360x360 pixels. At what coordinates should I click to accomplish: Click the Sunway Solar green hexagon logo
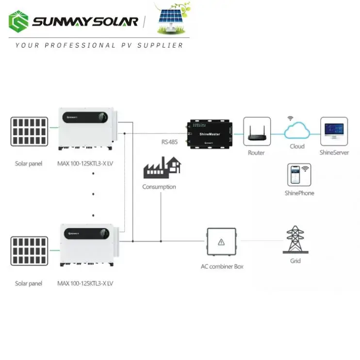(19, 22)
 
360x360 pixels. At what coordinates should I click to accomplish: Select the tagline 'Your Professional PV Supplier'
(99, 45)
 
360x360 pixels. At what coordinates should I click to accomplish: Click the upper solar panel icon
(29, 131)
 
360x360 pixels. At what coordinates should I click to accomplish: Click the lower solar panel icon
(29, 251)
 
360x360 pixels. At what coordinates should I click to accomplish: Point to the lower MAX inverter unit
(87, 245)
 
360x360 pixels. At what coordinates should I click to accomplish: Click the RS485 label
(170, 143)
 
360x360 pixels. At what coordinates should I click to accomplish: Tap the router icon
(256, 131)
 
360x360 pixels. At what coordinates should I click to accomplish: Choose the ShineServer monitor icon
(334, 131)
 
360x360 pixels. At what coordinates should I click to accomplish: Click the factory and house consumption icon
(162, 167)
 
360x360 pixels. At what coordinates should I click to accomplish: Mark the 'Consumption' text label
(159, 187)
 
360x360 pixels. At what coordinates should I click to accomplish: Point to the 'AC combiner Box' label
(222, 266)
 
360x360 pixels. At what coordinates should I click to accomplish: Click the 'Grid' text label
(295, 261)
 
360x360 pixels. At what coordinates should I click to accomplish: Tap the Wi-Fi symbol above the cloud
(291, 118)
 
